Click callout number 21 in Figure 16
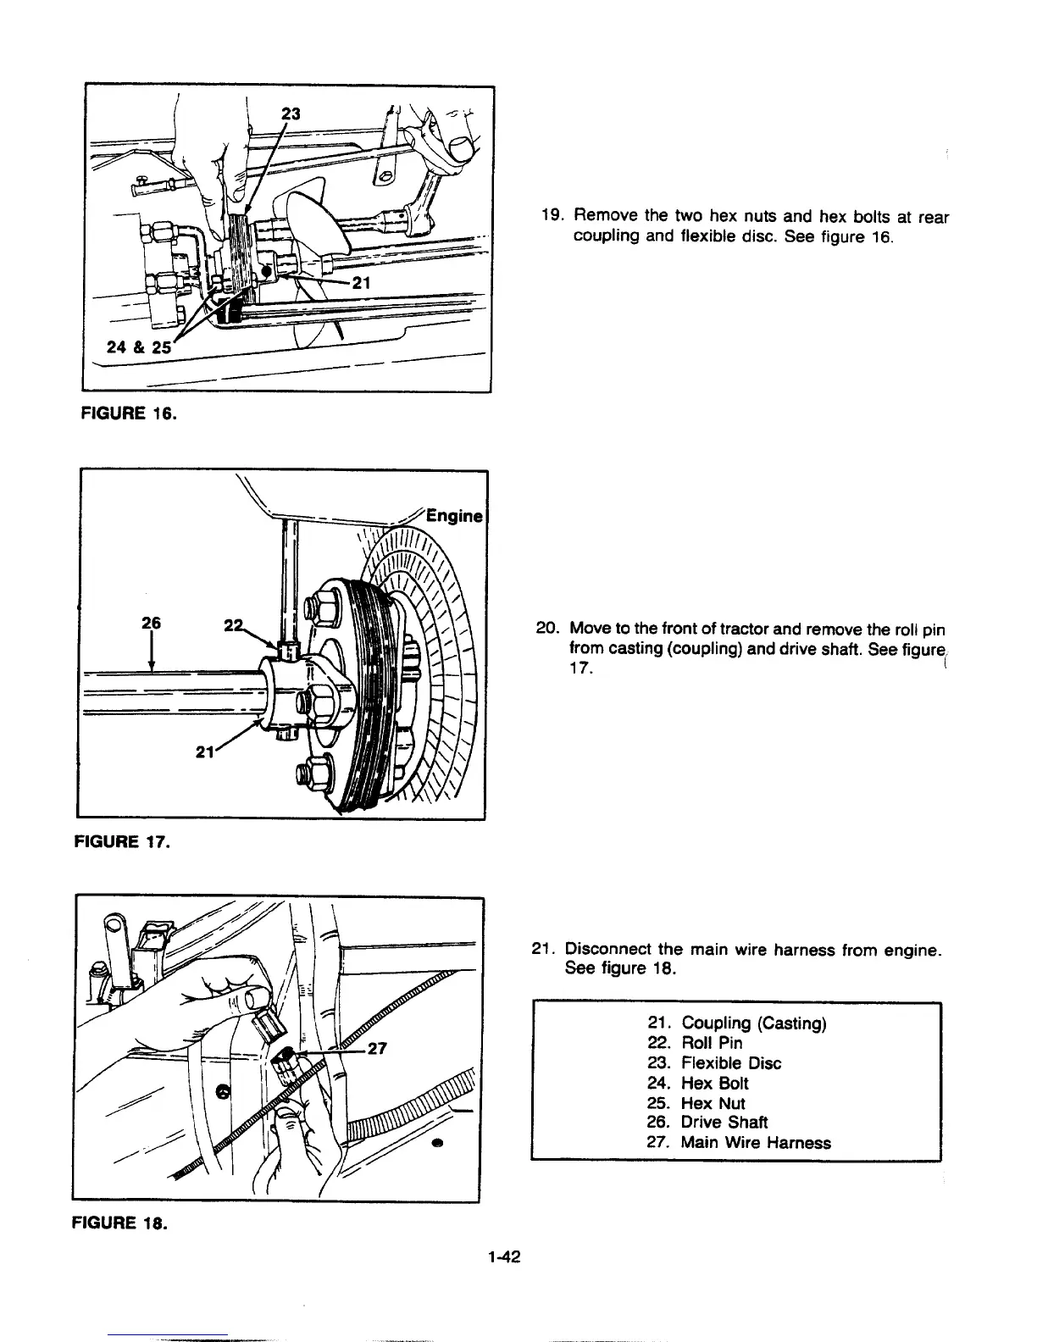(361, 284)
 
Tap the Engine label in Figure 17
(454, 516)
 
